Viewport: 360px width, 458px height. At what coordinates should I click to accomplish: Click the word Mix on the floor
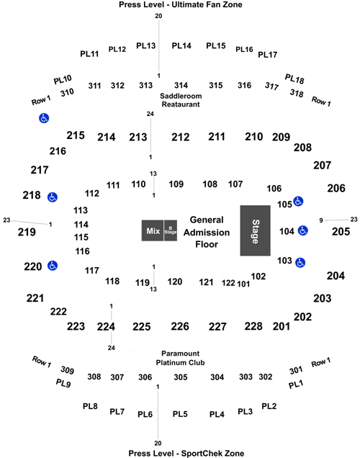(x=152, y=231)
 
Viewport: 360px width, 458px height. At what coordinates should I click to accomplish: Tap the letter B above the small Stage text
(x=171, y=228)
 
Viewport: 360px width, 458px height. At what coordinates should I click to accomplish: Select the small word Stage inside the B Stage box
(x=171, y=233)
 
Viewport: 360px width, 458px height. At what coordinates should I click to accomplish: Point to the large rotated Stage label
(x=255, y=230)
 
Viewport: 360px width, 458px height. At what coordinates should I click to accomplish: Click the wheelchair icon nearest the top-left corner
(x=45, y=119)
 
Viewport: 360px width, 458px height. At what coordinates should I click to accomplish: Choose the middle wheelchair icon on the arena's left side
(x=52, y=197)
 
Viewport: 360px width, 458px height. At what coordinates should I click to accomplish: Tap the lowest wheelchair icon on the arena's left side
(x=52, y=266)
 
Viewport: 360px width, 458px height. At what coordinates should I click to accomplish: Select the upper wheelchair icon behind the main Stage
(x=298, y=202)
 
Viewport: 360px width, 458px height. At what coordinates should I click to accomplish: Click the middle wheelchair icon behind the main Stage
(x=302, y=230)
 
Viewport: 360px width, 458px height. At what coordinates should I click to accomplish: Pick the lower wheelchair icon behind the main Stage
(x=300, y=261)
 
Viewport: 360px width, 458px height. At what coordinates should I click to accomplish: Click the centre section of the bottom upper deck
(x=179, y=418)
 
